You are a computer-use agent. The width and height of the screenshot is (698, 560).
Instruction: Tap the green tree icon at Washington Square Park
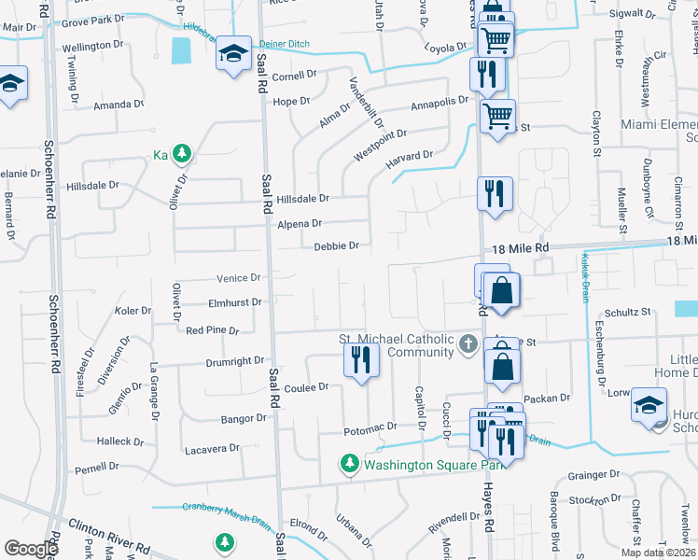tap(350, 464)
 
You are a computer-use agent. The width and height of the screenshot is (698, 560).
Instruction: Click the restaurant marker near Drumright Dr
tap(360, 359)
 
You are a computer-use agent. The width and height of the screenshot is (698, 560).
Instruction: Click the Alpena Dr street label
tap(300, 224)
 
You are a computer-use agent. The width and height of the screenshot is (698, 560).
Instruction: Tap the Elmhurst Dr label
tap(236, 302)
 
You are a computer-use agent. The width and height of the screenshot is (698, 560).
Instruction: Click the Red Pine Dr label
tap(213, 330)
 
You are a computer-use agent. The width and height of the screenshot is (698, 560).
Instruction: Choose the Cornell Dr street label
tap(295, 76)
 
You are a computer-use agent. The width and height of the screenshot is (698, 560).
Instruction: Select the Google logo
tap(31, 549)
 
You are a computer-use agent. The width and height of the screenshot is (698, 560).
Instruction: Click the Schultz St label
tap(627, 312)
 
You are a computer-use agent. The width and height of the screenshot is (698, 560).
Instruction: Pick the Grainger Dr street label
tap(587, 475)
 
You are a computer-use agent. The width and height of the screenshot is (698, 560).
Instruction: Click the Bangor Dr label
tap(244, 418)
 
